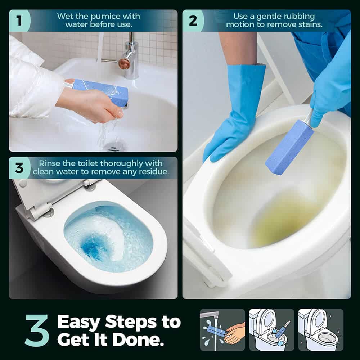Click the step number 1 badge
tap(19, 21)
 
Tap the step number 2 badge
tap(193, 21)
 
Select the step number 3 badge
tap(19, 168)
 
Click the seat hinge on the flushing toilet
tap(42, 211)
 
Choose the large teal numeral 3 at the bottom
tap(37, 330)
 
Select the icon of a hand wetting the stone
tap(222, 330)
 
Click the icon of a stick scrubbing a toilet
tap(271, 330)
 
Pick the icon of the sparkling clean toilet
tap(321, 330)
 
